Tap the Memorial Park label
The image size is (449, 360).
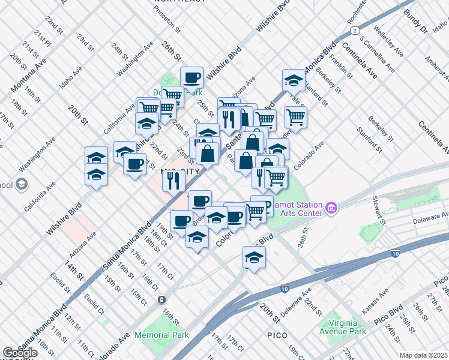[x=161, y=335]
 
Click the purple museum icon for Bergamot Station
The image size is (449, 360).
[x=331, y=209]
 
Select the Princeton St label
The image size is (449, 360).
[x=167, y=15]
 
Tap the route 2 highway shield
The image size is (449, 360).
[x=355, y=29]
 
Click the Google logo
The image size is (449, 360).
[x=20, y=353]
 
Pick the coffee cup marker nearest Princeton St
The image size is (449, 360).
[x=191, y=78]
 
